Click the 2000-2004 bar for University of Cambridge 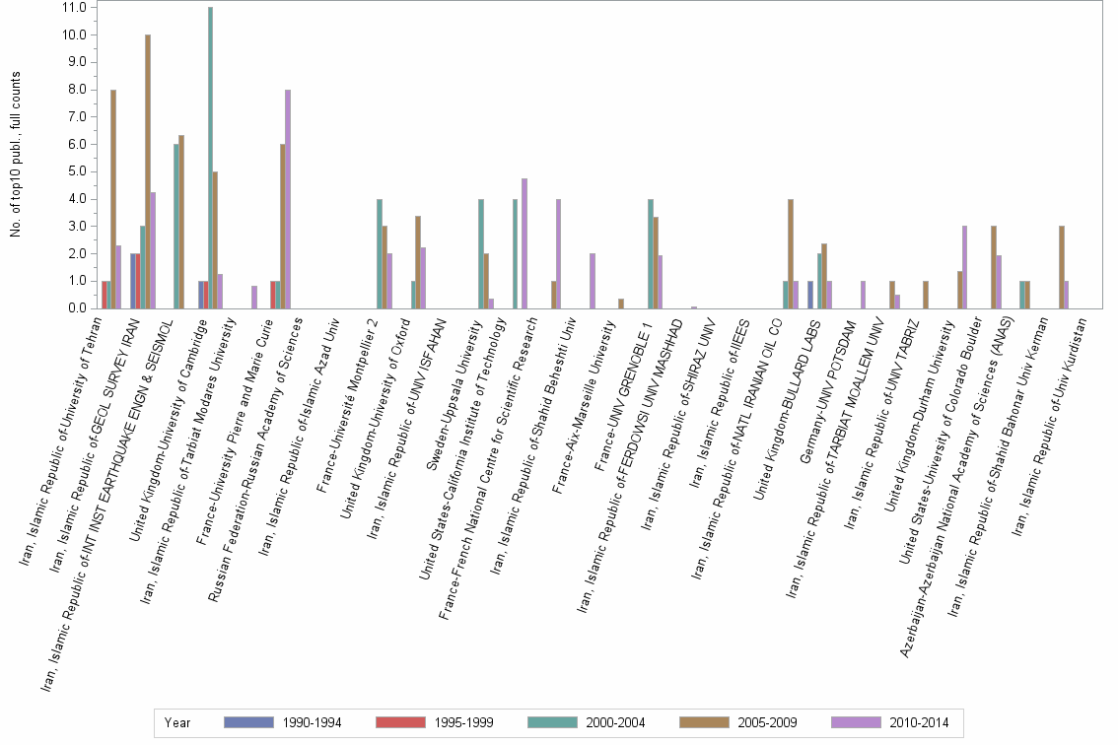click(x=210, y=158)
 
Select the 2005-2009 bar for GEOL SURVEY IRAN click(x=148, y=171)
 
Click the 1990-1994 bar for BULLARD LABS click(x=810, y=295)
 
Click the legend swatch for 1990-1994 click(x=247, y=722)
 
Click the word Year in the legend click(x=178, y=722)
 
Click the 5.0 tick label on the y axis click(x=75, y=171)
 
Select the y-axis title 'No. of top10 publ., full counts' click(x=15, y=158)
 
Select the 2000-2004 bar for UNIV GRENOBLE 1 click(x=651, y=254)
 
